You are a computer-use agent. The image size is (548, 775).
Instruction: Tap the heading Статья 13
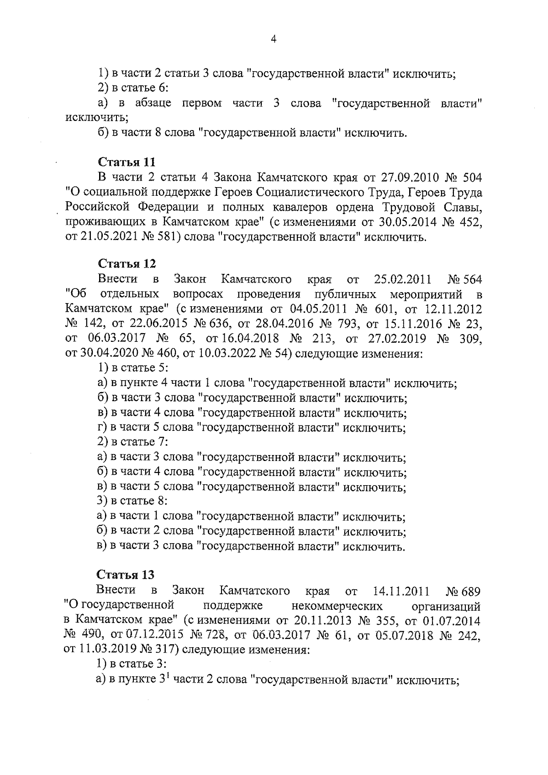126,575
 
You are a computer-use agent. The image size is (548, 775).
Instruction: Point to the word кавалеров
305,207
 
